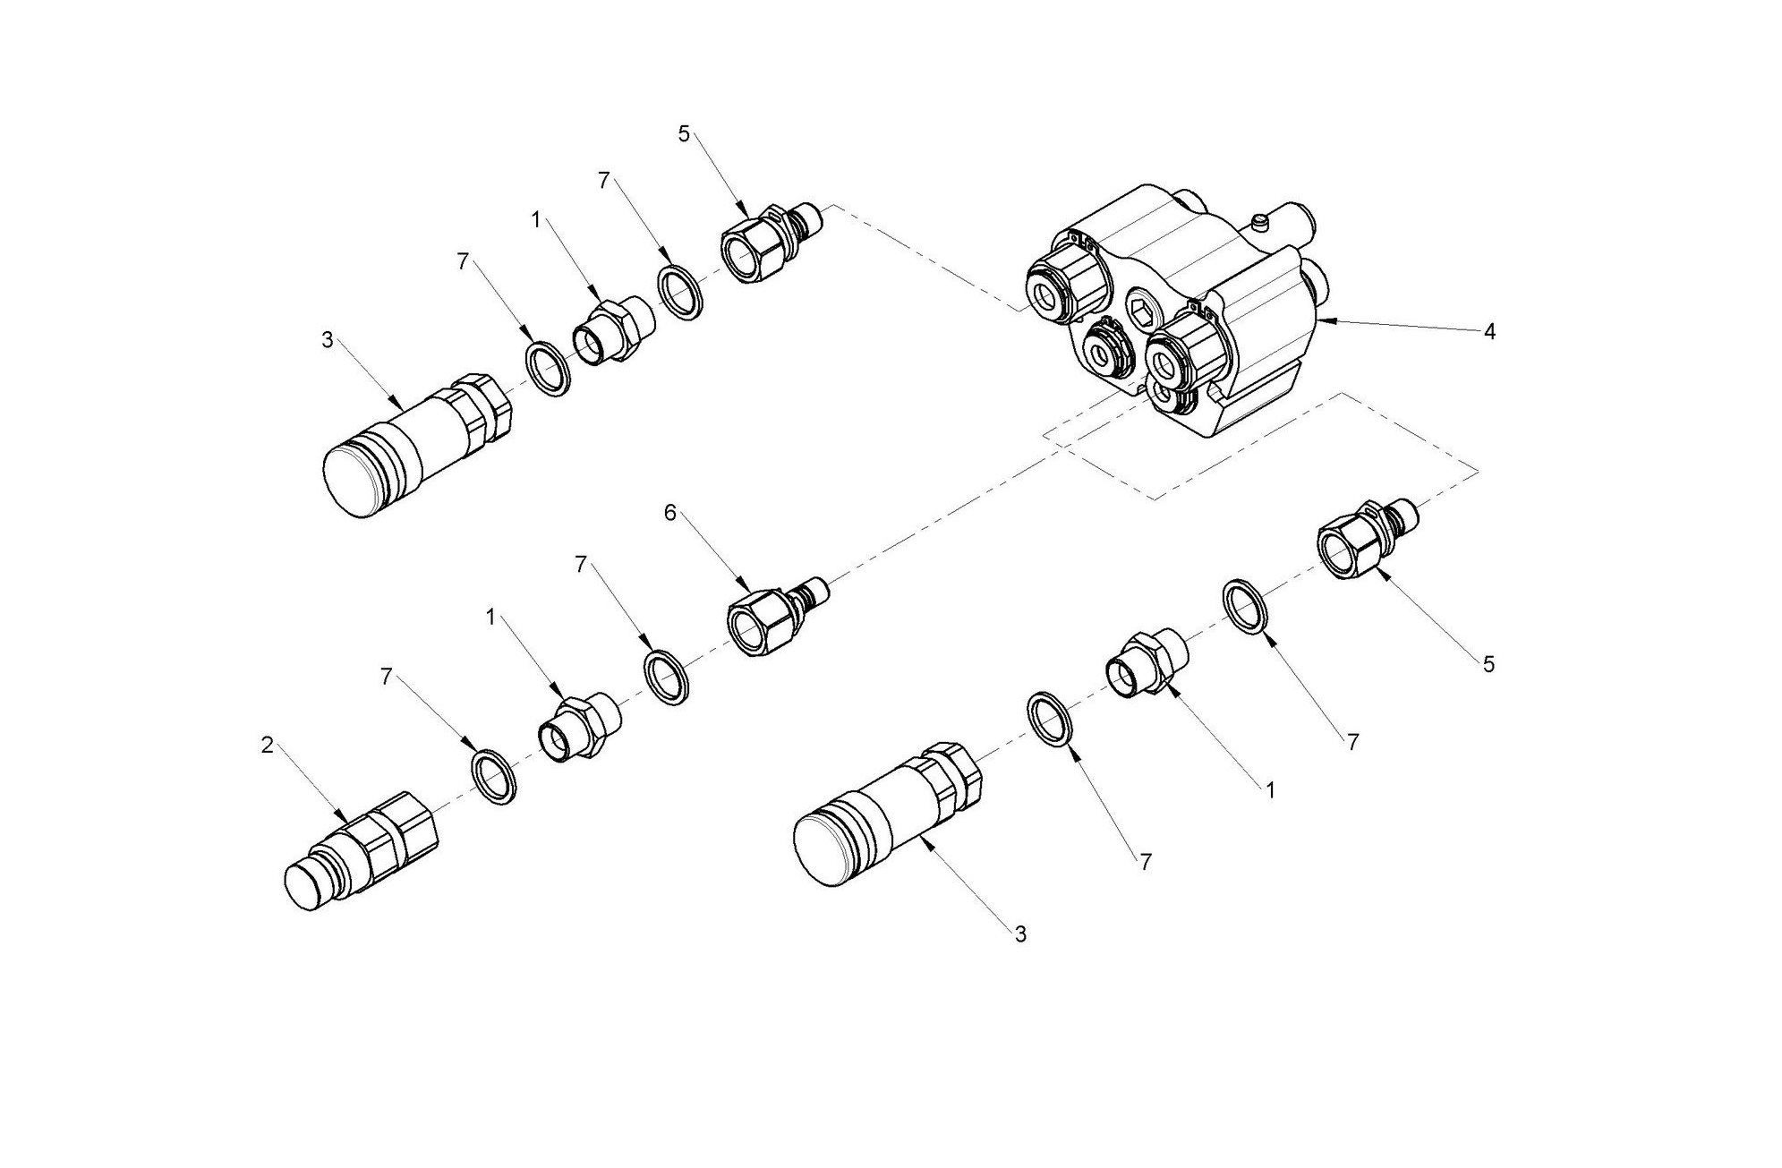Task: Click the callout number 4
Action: pyautogui.click(x=1489, y=332)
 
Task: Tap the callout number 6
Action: pyautogui.click(x=670, y=513)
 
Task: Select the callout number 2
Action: pyautogui.click(x=267, y=745)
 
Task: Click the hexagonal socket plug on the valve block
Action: pyautogui.click(x=1144, y=310)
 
